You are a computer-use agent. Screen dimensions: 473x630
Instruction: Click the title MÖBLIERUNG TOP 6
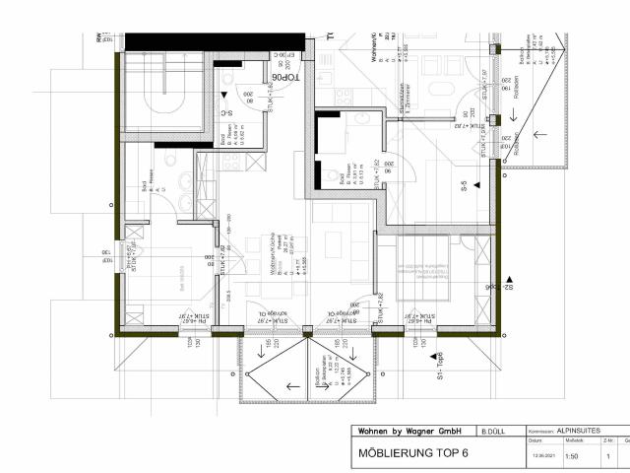point(413,455)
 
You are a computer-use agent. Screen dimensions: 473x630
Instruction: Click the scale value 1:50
point(571,456)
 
